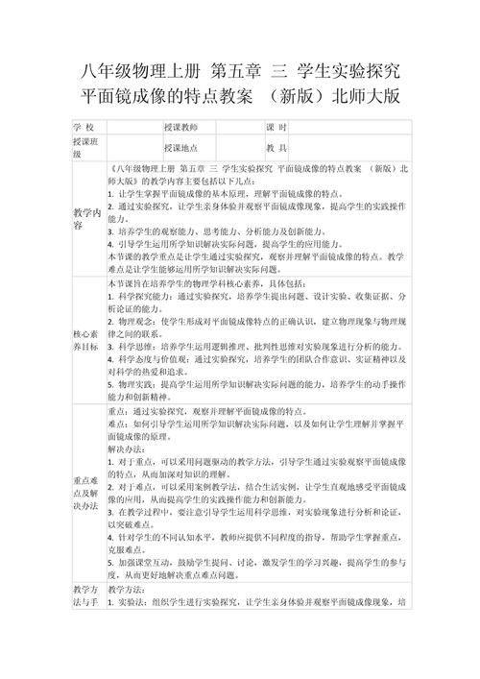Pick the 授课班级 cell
coord(84,148)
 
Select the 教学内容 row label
coord(84,217)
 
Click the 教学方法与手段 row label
coord(84,595)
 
